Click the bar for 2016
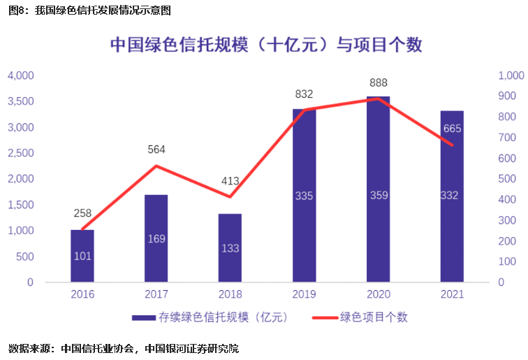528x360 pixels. pos(82,256)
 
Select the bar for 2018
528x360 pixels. pos(230,247)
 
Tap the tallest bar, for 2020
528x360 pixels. pos(378,189)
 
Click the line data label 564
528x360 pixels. pos(156,149)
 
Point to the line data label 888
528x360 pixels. pos(378,82)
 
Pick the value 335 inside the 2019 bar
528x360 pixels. pos(304,196)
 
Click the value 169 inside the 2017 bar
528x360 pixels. pos(156,239)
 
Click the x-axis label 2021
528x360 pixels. pos(452,295)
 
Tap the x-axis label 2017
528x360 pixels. pos(156,295)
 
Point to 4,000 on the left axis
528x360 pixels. pos(20,75)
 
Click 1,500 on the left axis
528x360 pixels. pos(20,205)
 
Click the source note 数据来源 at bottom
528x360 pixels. pos(123,347)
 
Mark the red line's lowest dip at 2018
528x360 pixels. pos(230,197)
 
